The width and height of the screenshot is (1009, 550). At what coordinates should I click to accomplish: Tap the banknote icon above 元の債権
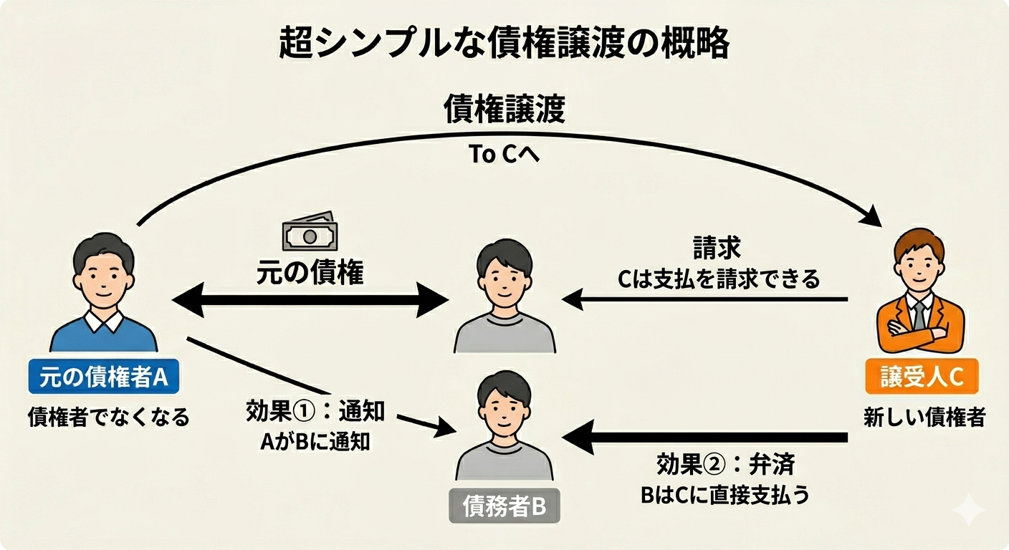310,231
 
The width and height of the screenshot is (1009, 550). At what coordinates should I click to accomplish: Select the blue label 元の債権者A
103,377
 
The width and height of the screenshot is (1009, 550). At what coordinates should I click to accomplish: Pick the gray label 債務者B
504,506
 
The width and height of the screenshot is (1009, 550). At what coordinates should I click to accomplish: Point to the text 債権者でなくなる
108,417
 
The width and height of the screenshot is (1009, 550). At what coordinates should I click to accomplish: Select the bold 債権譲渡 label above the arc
504,110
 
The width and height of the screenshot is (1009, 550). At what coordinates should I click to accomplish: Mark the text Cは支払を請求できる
718,279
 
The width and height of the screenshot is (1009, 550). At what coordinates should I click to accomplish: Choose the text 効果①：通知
315,412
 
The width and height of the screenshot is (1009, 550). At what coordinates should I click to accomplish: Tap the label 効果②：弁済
725,465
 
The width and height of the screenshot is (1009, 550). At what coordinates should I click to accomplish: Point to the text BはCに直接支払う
725,495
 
